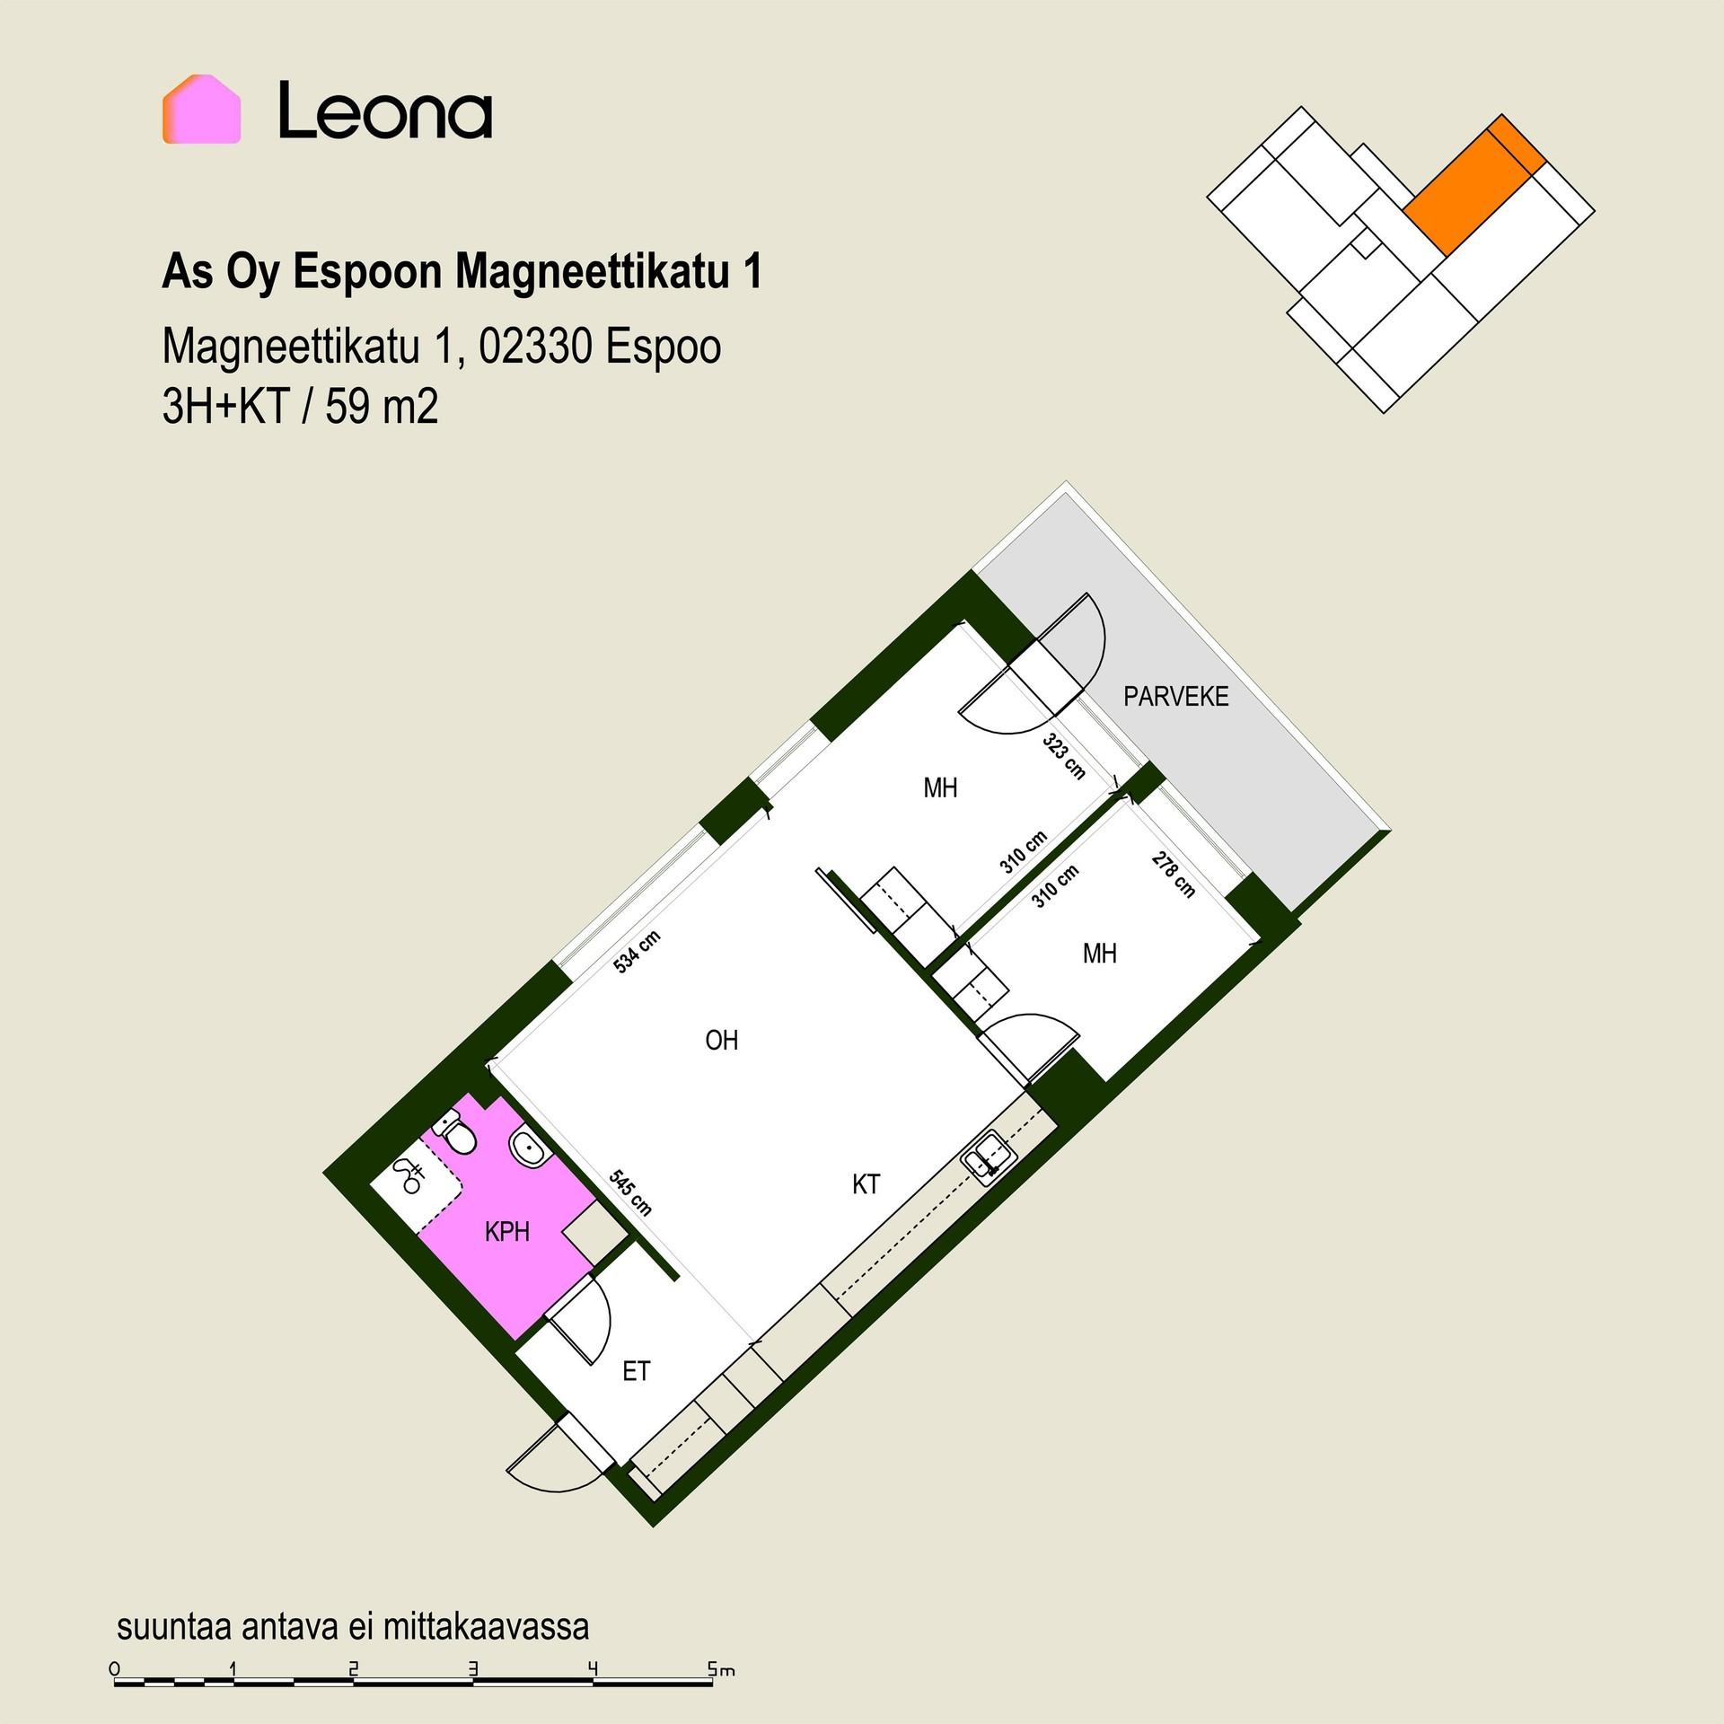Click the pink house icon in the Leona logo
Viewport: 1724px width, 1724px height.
(201, 110)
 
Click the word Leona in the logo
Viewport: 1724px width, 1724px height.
(385, 110)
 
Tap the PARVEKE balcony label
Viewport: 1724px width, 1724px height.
(1175, 697)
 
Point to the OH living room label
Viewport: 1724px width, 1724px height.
(722, 1041)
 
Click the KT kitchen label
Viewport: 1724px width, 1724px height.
(866, 1184)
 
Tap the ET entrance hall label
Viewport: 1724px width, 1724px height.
(636, 1372)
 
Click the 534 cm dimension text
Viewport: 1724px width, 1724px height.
(638, 953)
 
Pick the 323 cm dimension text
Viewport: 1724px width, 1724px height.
(1064, 756)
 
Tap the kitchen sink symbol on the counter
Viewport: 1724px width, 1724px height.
(989, 1155)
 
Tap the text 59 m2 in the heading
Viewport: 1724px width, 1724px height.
(382, 409)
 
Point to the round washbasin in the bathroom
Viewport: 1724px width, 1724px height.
(526, 1147)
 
